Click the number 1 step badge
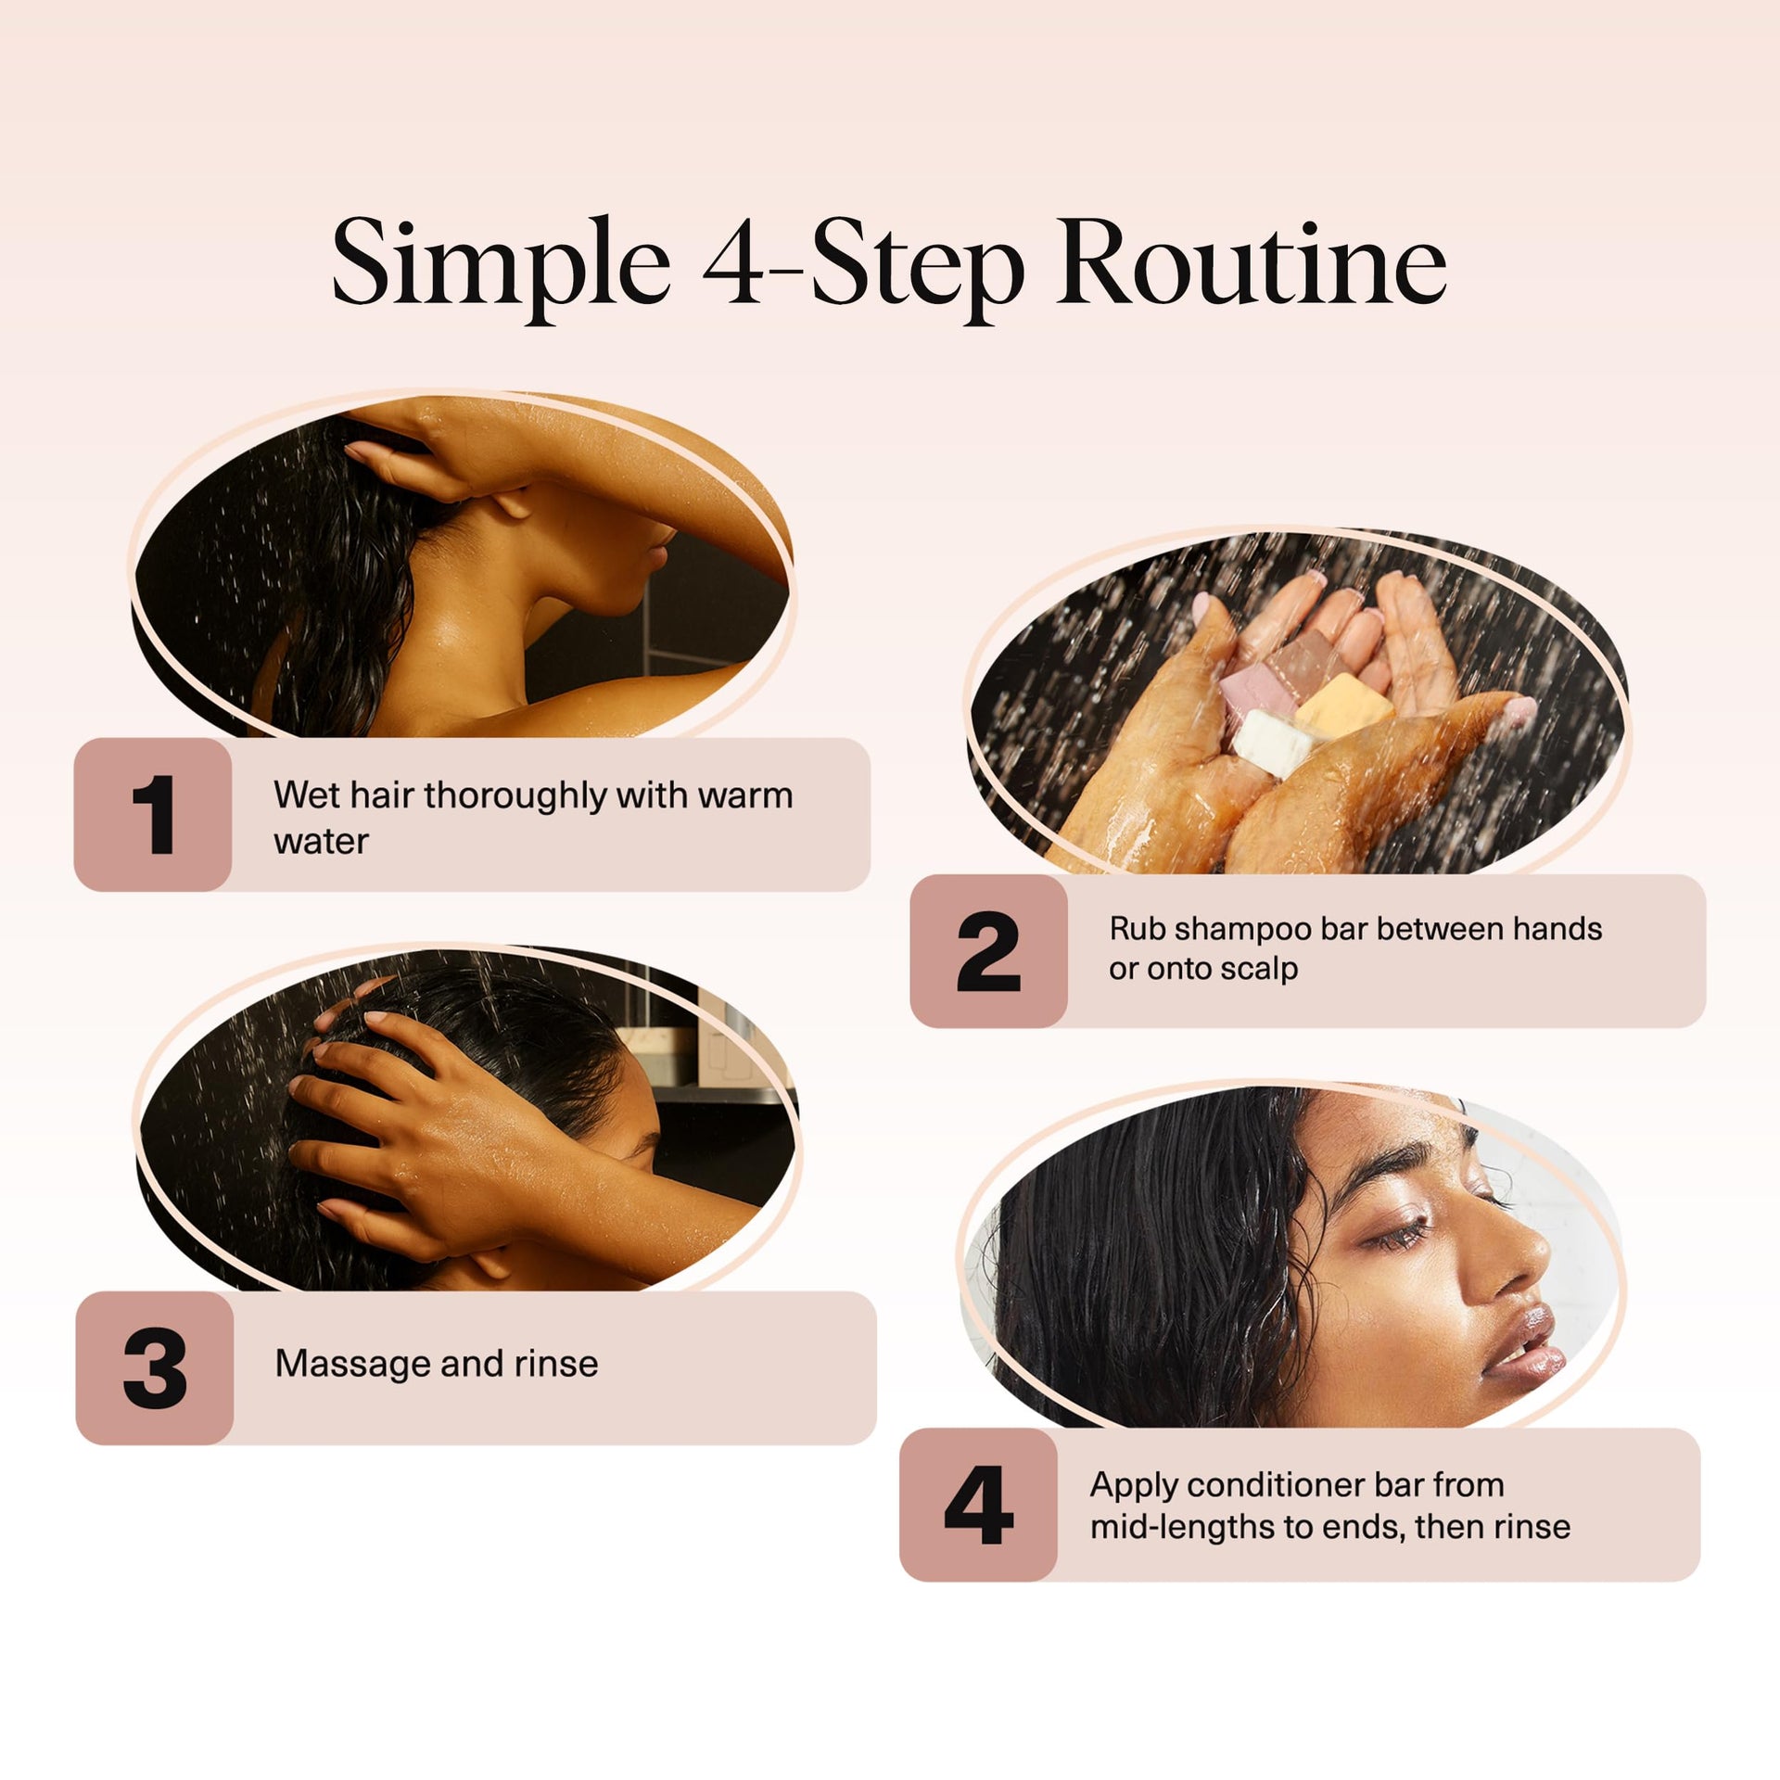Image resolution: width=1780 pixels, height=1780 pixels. (153, 814)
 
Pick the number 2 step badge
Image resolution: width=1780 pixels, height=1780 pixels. (988, 950)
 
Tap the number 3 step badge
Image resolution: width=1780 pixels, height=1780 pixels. (155, 1367)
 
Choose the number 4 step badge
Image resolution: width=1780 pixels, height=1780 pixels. (978, 1504)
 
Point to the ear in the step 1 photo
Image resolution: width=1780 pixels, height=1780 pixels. (509, 502)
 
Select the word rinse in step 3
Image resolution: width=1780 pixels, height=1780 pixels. (556, 1365)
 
